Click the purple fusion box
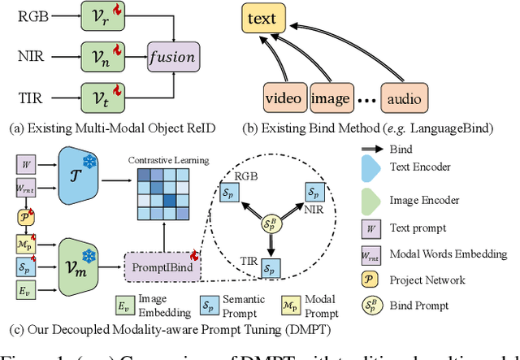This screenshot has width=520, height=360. pyautogui.click(x=172, y=58)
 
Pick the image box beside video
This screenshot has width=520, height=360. pyautogui.click(x=331, y=100)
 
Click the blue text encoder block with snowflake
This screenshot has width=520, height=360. pyautogui.click(x=84, y=184)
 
